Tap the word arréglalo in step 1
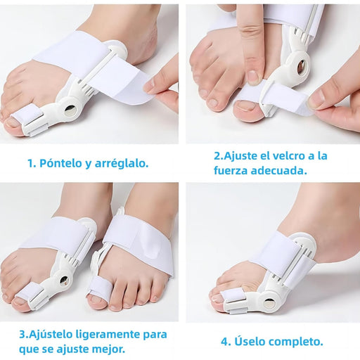point(121,164)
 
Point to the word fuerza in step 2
point(231,170)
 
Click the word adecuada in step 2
point(279,170)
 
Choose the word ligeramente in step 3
point(108,335)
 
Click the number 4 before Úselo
point(226,342)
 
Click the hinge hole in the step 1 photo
point(70,109)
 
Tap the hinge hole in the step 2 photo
point(301,66)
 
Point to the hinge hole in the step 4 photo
point(269,303)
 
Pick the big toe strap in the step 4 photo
point(233,297)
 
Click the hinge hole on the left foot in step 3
point(64,280)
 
